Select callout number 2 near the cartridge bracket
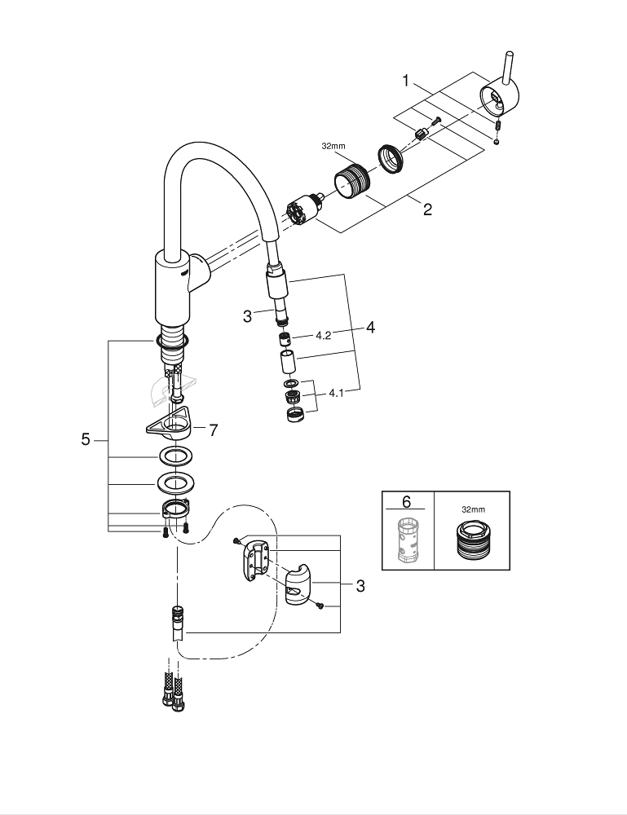coord(427,209)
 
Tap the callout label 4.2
coord(323,335)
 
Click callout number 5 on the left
coord(86,440)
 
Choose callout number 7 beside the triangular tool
coord(213,430)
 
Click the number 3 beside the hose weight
coord(360,586)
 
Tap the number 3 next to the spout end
coord(247,316)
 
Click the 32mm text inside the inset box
coord(472,509)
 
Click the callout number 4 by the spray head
coord(370,328)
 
